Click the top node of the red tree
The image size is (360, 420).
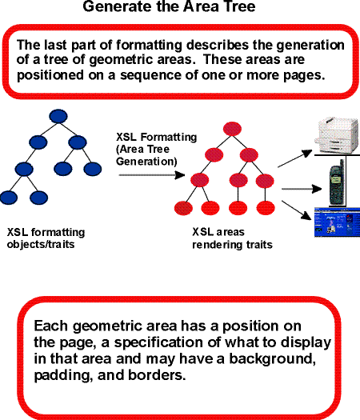point(232,127)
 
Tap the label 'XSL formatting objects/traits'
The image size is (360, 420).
point(46,238)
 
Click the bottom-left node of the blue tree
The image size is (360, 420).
point(10,196)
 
